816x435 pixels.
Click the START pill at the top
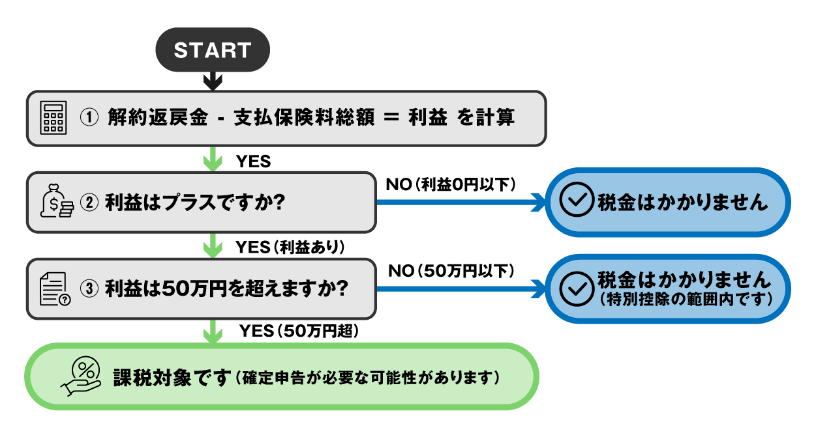pyautogui.click(x=212, y=50)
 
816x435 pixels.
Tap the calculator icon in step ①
pyautogui.click(x=53, y=118)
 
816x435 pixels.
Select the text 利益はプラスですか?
pyautogui.click(x=194, y=202)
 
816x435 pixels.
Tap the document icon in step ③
pyautogui.click(x=55, y=288)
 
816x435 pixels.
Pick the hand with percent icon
pyautogui.click(x=81, y=376)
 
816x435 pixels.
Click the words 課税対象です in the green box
pyautogui.click(x=172, y=377)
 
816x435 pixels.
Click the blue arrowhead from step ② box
pyautogui.click(x=539, y=202)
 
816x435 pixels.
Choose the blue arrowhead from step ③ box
pyautogui.click(x=539, y=288)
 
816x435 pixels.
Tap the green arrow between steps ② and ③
pyautogui.click(x=213, y=247)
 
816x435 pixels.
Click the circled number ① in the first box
pyautogui.click(x=89, y=118)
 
